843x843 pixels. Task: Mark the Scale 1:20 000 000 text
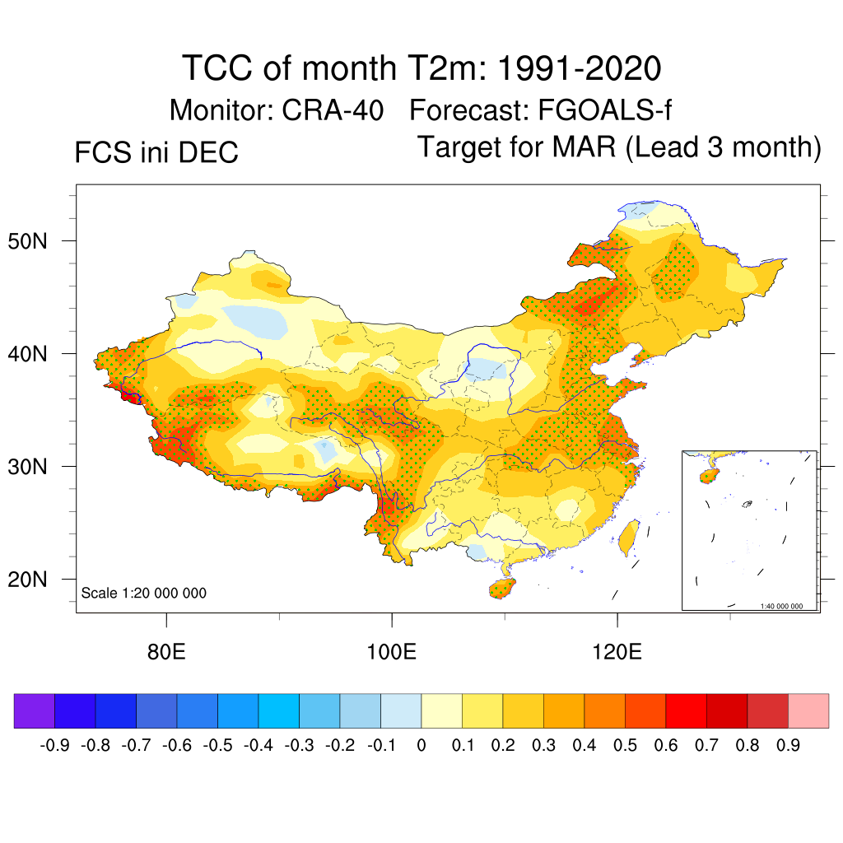point(144,593)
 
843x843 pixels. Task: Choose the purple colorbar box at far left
point(35,711)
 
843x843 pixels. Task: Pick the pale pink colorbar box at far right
point(808,711)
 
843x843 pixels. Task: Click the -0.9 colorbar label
point(55,746)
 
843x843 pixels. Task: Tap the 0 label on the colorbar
point(421,746)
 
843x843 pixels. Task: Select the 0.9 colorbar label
point(788,746)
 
